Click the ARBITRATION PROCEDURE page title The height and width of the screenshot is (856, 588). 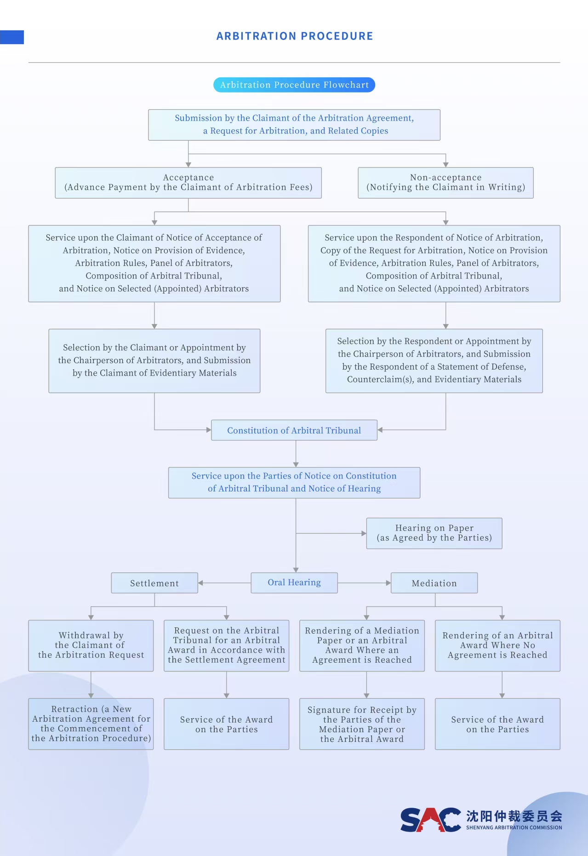(295, 36)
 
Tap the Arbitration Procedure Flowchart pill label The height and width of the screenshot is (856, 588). (294, 85)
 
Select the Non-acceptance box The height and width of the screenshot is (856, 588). (445, 183)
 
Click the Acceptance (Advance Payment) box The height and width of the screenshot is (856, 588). (188, 183)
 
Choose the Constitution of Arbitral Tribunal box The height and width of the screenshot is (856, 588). (294, 430)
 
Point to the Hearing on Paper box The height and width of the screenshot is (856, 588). (434, 533)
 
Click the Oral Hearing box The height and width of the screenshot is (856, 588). (294, 583)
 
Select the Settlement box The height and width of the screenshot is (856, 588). (154, 583)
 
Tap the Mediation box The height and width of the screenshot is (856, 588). (434, 583)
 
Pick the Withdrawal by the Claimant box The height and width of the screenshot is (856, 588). (91, 645)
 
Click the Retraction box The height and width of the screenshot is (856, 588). (91, 724)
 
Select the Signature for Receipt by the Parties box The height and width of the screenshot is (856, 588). (362, 724)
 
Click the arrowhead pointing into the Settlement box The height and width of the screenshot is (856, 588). (201, 583)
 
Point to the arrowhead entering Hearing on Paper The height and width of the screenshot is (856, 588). (364, 533)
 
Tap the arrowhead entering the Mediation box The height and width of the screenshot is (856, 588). (388, 583)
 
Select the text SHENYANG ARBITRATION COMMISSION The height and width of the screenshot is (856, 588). (514, 827)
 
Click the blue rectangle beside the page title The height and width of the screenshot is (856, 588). (12, 37)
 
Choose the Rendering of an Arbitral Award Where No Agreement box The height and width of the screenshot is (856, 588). (497, 645)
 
